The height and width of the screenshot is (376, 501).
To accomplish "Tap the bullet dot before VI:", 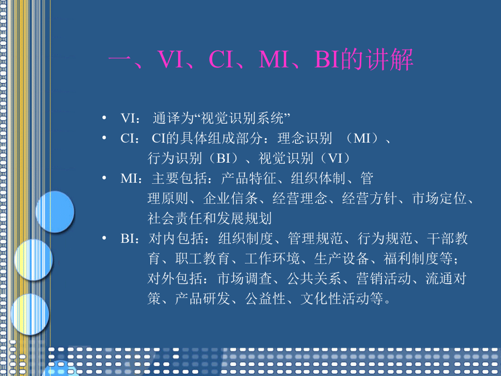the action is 104,118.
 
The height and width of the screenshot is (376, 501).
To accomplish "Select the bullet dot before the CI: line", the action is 104,138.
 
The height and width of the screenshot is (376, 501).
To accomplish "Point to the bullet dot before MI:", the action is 104,178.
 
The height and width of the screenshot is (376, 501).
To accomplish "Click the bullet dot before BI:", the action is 104,238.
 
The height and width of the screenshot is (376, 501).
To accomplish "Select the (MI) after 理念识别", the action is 362,138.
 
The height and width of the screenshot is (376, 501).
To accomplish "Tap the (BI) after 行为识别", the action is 223,158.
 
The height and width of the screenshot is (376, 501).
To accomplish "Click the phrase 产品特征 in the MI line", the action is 248,178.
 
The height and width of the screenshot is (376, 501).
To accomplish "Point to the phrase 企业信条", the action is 230,198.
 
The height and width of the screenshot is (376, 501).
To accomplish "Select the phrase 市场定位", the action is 439,198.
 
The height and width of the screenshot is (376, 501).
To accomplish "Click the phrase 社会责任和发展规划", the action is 209,218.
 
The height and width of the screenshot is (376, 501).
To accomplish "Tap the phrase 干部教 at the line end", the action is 448,238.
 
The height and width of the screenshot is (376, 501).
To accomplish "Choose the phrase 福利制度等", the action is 418,258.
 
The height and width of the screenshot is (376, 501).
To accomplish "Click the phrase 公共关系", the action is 314,279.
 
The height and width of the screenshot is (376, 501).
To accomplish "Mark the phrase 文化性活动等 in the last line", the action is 342,299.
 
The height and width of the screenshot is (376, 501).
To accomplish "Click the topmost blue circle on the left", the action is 55,212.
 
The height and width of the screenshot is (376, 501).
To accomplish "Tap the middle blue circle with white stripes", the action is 33,260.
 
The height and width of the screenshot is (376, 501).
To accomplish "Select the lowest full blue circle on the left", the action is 30,314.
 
